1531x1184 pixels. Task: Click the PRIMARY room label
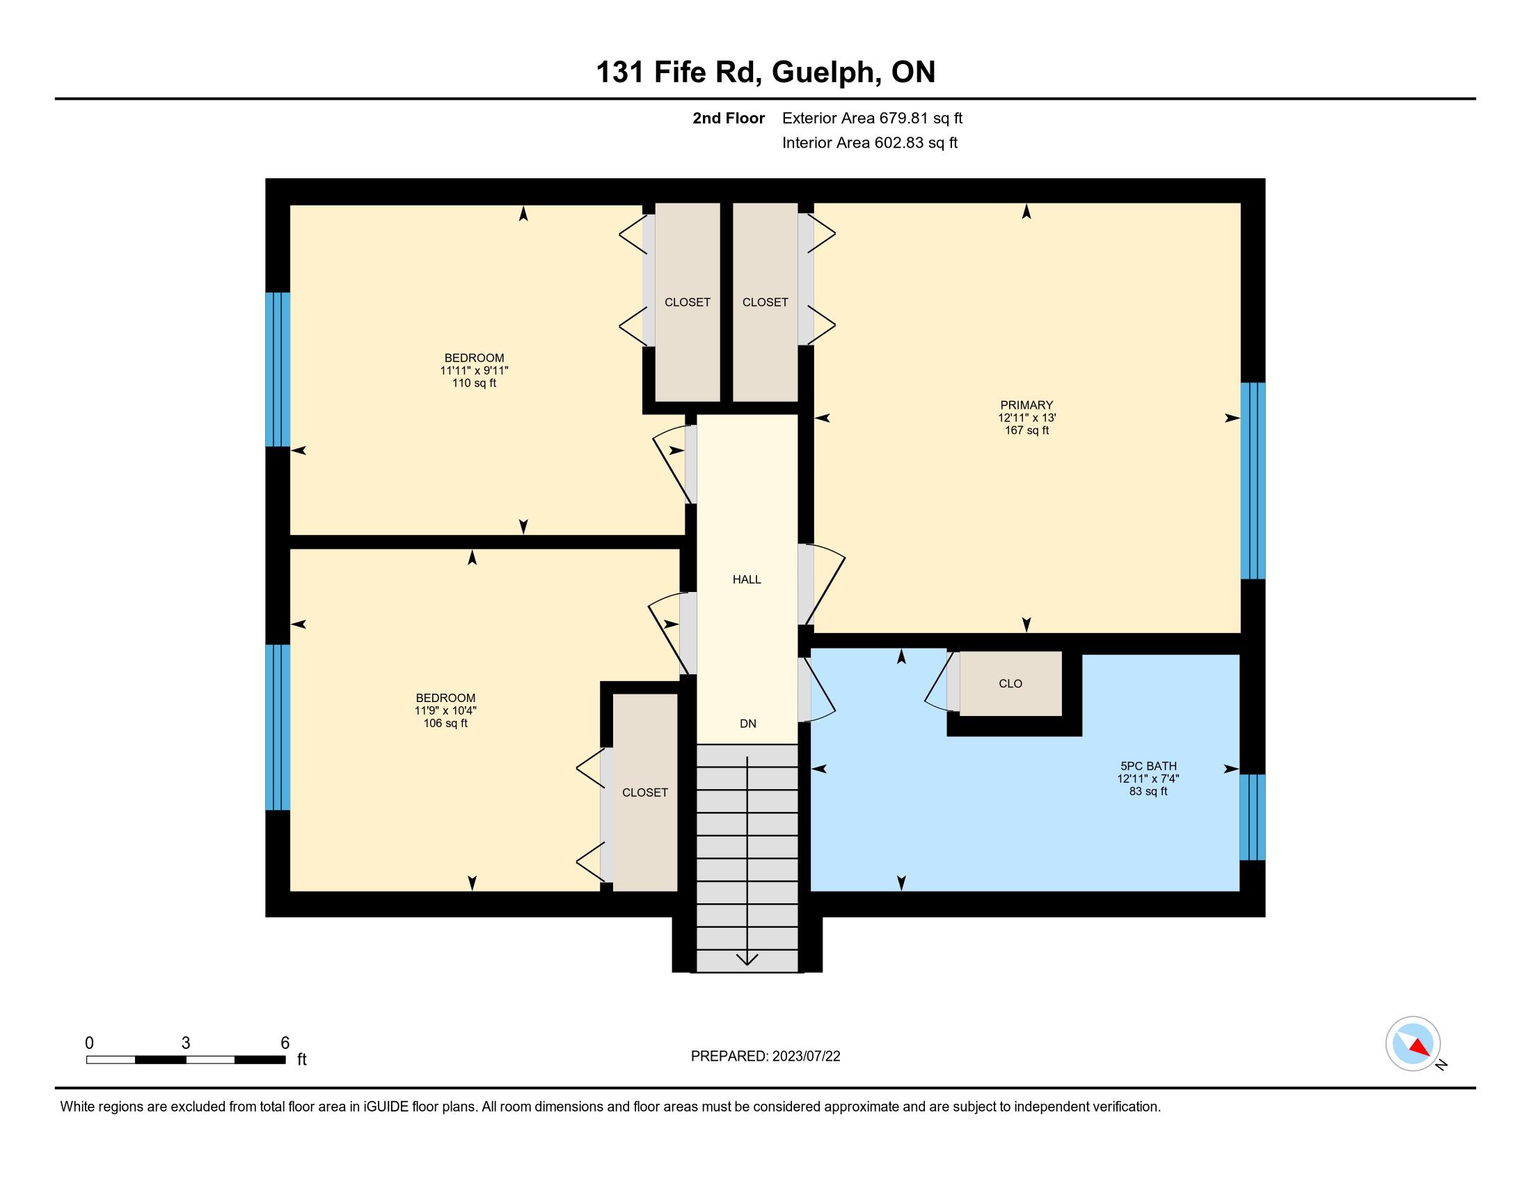point(1026,405)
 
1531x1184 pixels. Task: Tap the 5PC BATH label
point(1148,766)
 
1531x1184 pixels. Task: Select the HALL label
point(747,579)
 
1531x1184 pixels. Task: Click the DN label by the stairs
point(748,724)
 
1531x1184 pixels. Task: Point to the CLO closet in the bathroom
point(1010,684)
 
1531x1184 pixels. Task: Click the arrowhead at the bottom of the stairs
point(747,959)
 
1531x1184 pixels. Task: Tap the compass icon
point(1413,1044)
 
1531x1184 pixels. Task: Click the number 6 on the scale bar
point(285,1043)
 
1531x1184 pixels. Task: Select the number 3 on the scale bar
point(186,1043)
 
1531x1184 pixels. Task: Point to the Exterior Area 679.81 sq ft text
point(872,118)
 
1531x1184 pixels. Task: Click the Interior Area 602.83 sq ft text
point(869,143)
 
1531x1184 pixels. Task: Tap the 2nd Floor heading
point(729,118)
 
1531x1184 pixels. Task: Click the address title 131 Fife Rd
point(679,72)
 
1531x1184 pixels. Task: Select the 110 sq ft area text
point(474,383)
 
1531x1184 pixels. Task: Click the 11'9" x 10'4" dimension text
point(445,710)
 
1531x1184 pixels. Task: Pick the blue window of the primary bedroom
point(1253,481)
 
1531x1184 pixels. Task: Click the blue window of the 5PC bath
point(1253,817)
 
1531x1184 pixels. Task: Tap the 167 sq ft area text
point(1026,430)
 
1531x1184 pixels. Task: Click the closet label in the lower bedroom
point(645,793)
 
